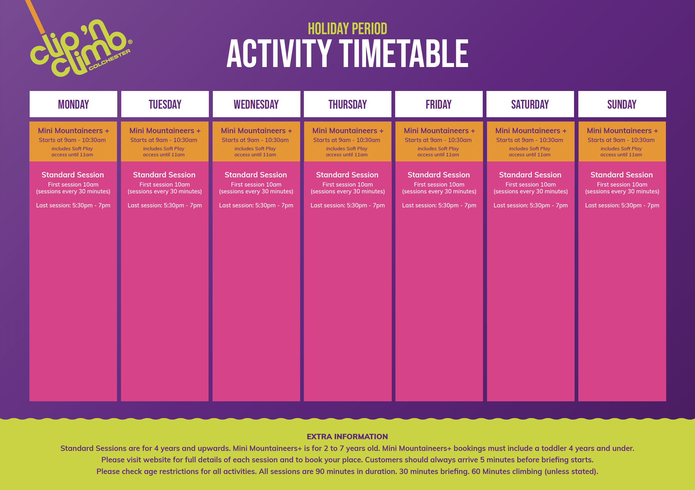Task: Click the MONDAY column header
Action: [x=73, y=104]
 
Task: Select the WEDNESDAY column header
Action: [x=256, y=104]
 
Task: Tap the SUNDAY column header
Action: [x=622, y=104]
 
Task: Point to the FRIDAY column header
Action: [x=439, y=104]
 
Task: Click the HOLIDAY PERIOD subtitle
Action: [x=347, y=29]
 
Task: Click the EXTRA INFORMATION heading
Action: [x=347, y=436]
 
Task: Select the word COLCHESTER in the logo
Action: [x=110, y=60]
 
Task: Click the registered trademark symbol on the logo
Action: [x=130, y=42]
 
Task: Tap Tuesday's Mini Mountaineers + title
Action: [x=165, y=131]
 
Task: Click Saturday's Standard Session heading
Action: [x=530, y=175]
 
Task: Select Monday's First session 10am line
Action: [x=73, y=184]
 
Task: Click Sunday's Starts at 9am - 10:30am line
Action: [x=621, y=140]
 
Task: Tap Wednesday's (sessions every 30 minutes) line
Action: [x=256, y=191]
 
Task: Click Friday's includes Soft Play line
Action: [x=438, y=149]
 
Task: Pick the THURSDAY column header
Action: [x=347, y=104]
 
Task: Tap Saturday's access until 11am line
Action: [x=530, y=155]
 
